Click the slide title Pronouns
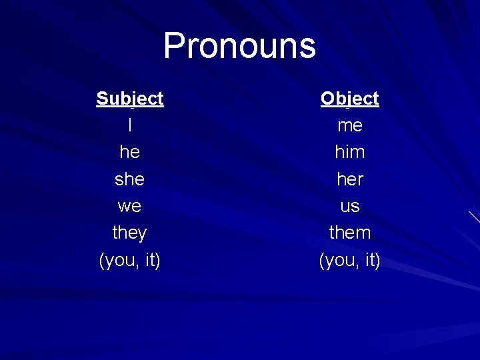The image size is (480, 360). pyautogui.click(x=239, y=46)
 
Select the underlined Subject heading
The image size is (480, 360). pyautogui.click(x=129, y=99)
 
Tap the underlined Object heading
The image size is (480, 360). pyautogui.click(x=349, y=99)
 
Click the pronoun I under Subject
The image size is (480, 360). pyautogui.click(x=129, y=125)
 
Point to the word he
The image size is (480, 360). pyautogui.click(x=129, y=152)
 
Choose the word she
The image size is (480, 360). pyautogui.click(x=129, y=179)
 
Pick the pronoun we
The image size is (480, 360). pyautogui.click(x=129, y=206)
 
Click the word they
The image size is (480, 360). pyautogui.click(x=129, y=233)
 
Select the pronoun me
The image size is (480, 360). pyautogui.click(x=349, y=125)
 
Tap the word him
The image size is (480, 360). pyautogui.click(x=349, y=152)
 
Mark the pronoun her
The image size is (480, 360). pyautogui.click(x=349, y=179)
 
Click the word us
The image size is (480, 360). pyautogui.click(x=349, y=206)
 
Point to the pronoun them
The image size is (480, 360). pyautogui.click(x=349, y=233)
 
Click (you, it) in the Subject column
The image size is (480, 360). pyautogui.click(x=129, y=260)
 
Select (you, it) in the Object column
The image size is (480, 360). pyautogui.click(x=349, y=260)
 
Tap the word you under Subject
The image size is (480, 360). pyautogui.click(x=119, y=261)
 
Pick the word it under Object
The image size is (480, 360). pyautogui.click(x=369, y=259)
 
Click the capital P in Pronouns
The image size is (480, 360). pyautogui.click(x=175, y=46)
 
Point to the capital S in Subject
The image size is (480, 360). pyautogui.click(x=102, y=99)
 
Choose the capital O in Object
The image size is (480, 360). pyautogui.click(x=327, y=99)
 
